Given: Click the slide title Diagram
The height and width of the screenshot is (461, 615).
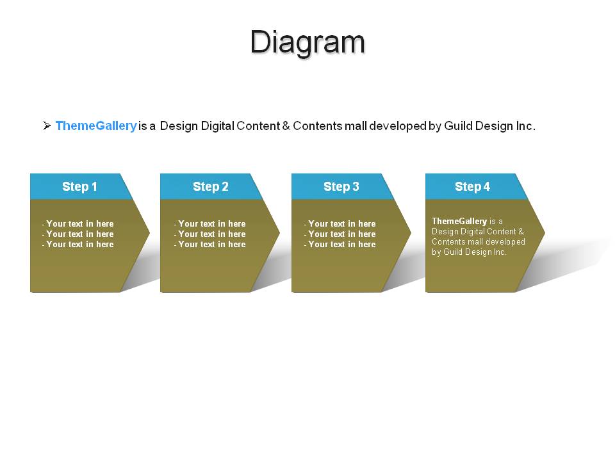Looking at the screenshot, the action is pos(308,42).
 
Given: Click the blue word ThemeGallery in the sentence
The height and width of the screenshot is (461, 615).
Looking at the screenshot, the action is pos(96,126).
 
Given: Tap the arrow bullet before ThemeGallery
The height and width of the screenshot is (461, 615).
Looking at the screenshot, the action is pos(47,125).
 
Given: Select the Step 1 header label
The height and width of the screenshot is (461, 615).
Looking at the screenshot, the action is pos(79,186).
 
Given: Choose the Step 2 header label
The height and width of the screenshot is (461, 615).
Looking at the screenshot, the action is pos(211,186).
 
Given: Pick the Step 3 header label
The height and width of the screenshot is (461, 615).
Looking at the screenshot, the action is pos(341,186).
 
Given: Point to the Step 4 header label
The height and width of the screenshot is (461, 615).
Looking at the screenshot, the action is pos(472,186).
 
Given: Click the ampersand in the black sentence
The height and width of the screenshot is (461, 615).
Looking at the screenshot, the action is pos(286,126).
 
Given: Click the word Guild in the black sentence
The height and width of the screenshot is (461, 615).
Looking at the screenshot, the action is pos(458,126).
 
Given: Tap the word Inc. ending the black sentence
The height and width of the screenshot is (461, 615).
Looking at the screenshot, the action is pos(525,126).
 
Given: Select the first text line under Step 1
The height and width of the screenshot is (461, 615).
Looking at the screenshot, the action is pos(78,224).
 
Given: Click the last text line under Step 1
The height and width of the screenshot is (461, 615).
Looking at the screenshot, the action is pos(78,244).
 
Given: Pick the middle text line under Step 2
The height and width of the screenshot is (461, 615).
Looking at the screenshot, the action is pos(210,234).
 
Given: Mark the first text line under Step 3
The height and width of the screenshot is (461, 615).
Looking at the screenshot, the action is pos(340,224).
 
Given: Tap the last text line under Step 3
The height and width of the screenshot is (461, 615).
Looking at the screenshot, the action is pos(340,244).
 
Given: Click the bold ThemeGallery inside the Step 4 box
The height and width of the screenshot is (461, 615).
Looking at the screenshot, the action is pos(459,222).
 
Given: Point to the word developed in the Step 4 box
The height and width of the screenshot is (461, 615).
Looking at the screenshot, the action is pos(505,242).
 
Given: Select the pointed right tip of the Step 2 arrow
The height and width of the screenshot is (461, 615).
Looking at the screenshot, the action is pos(279,232).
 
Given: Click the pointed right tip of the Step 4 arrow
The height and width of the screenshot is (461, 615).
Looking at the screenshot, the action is pos(545,232).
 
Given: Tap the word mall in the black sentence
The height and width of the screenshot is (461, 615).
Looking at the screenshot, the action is pos(356,126).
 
